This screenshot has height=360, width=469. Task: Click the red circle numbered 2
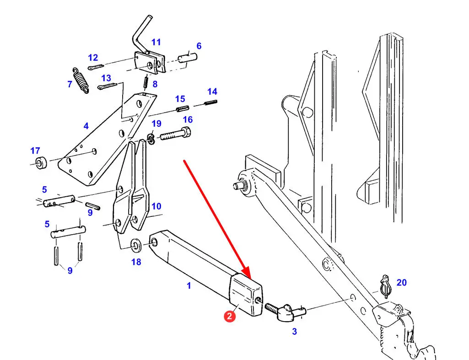click(230, 315)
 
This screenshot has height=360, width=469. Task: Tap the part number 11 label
click(156, 42)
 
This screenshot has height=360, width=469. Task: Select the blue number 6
click(199, 46)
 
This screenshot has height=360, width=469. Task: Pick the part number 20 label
click(401, 283)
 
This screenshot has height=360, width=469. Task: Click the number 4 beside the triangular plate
click(86, 126)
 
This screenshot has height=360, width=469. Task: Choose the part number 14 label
click(212, 91)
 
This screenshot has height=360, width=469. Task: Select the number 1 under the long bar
click(189, 286)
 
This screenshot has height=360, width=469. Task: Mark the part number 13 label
click(106, 78)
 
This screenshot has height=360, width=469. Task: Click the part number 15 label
click(180, 98)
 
